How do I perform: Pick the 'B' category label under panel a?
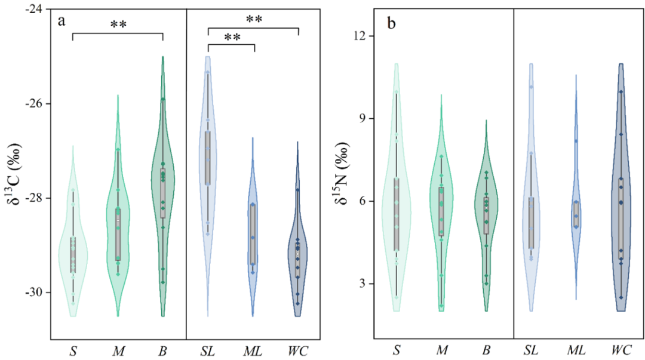163,349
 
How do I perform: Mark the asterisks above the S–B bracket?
118,24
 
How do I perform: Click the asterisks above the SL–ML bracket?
232,38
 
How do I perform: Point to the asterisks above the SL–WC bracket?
254,19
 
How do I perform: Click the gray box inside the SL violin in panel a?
208,158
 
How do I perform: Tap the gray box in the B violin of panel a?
162,193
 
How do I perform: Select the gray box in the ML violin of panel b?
576,214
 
